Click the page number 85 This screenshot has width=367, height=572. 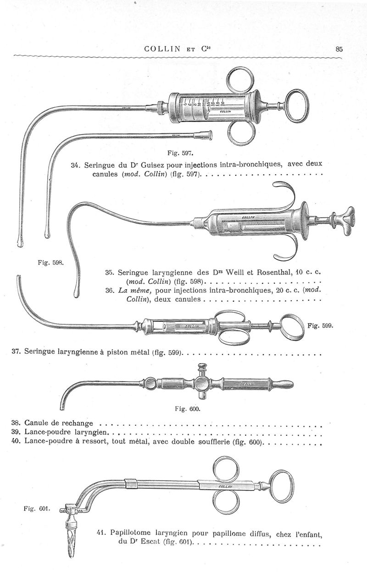339,49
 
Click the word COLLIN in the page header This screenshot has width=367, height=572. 165,49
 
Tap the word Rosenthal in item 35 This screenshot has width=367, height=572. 272,272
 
